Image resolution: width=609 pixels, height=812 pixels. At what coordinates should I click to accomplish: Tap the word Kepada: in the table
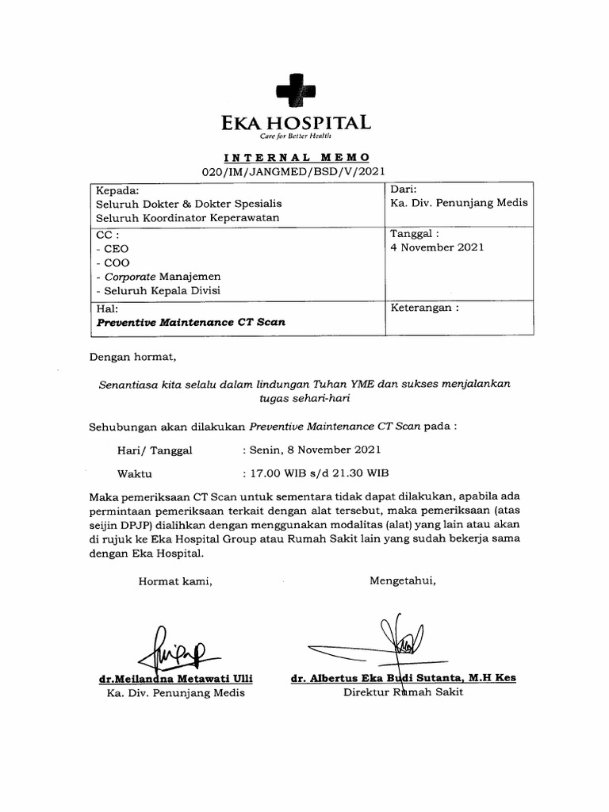tap(117, 190)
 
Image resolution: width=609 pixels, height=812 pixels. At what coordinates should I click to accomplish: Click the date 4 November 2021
tap(436, 247)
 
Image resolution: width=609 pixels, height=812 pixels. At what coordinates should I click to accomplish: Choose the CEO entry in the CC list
tap(109, 248)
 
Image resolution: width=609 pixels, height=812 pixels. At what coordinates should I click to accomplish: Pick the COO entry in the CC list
tap(109, 262)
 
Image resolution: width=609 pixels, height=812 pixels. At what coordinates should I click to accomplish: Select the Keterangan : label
tap(424, 308)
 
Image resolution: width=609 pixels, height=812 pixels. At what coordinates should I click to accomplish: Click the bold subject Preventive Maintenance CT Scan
tap(190, 323)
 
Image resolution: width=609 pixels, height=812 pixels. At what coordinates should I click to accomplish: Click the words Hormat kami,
tap(176, 581)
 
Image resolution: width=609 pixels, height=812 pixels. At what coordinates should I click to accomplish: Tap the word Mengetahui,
tap(402, 580)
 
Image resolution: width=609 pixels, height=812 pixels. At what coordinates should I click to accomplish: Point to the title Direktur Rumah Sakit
tap(402, 692)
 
